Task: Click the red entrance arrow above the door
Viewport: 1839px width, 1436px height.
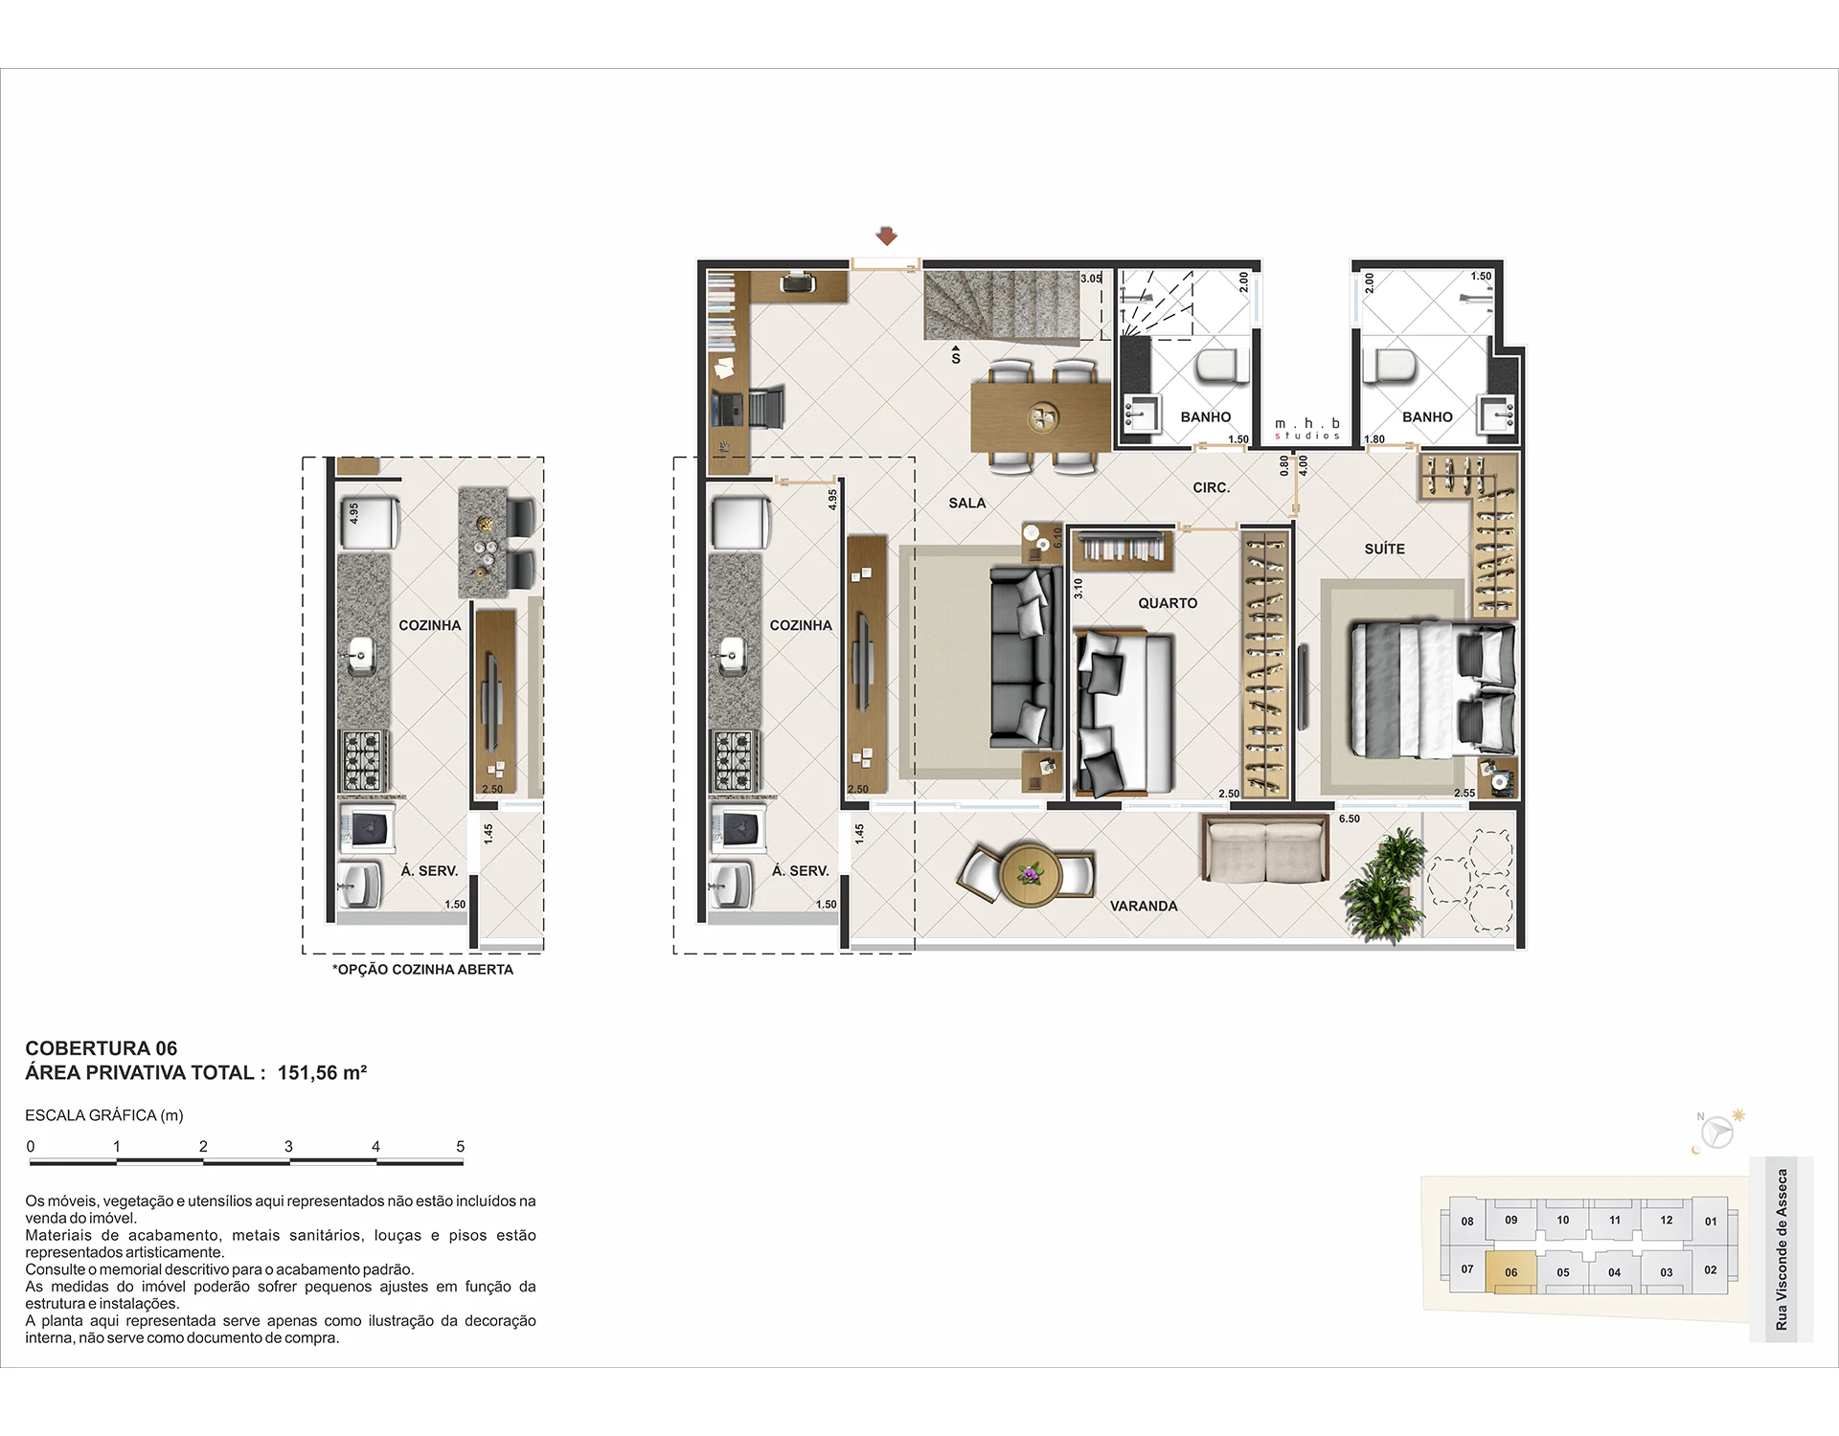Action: (887, 236)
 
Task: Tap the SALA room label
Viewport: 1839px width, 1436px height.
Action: (967, 503)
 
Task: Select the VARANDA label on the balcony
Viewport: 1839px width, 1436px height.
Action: (1144, 906)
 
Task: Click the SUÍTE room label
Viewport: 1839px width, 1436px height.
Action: (1385, 549)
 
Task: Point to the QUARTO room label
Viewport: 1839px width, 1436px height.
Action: (1168, 603)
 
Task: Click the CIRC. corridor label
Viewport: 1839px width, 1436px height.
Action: (1212, 487)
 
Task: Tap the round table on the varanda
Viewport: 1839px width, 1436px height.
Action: (1030, 873)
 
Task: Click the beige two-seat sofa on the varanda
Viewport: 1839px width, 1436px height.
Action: (1265, 847)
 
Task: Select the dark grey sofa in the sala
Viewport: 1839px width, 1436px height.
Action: (1026, 658)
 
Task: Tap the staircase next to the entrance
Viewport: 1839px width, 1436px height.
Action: (1002, 304)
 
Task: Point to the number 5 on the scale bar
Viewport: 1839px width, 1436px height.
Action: (461, 1146)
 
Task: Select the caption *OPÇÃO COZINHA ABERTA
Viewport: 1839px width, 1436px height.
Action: (422, 969)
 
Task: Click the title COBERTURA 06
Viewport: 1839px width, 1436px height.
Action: (102, 1048)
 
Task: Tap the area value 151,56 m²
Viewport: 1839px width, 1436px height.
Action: (322, 1072)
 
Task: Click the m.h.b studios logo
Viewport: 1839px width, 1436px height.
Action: (1307, 429)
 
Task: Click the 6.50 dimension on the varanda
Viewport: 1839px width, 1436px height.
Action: (1350, 819)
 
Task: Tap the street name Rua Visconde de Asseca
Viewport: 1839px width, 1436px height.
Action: (1782, 1249)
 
